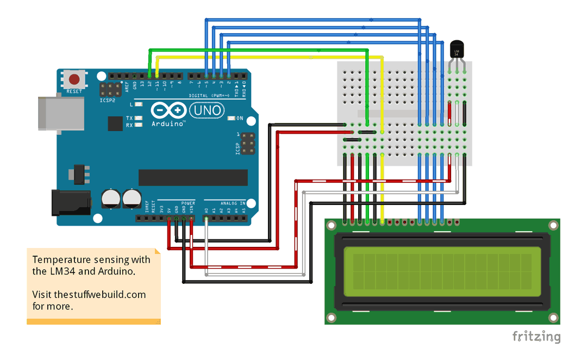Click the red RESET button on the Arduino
pos(74,79)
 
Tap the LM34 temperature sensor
pos(457,51)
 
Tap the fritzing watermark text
pos(536,337)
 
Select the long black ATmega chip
pos(193,177)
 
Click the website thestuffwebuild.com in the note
pos(89,295)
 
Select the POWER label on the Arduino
pos(188,202)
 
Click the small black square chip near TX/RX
pos(115,124)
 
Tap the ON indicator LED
pos(232,118)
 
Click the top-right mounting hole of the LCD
pos(553,225)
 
